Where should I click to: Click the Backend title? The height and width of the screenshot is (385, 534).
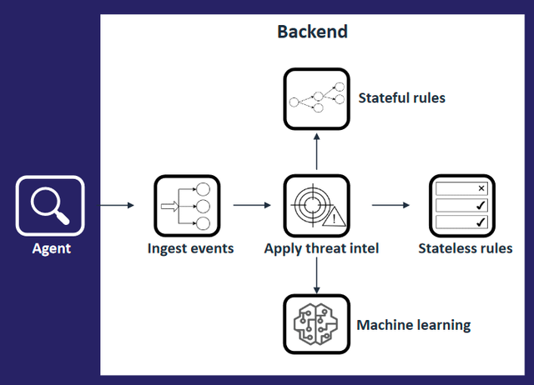point(312,32)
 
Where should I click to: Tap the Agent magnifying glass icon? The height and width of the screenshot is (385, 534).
point(50,205)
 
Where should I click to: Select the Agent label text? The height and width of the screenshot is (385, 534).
point(51,247)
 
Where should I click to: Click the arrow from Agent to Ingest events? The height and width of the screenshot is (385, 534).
point(116,204)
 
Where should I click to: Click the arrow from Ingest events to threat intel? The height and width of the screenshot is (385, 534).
point(253,204)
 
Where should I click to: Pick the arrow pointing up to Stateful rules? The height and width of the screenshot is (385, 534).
point(315,151)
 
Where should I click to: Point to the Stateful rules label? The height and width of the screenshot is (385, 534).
point(401,98)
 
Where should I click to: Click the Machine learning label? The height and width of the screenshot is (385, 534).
point(413,324)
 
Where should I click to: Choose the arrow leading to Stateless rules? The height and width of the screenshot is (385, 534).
point(389,204)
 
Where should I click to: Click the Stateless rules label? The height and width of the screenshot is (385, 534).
point(465,247)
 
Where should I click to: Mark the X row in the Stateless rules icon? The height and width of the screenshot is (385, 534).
point(460,188)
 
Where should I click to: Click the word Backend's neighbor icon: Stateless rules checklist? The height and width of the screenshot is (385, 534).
point(460,205)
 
